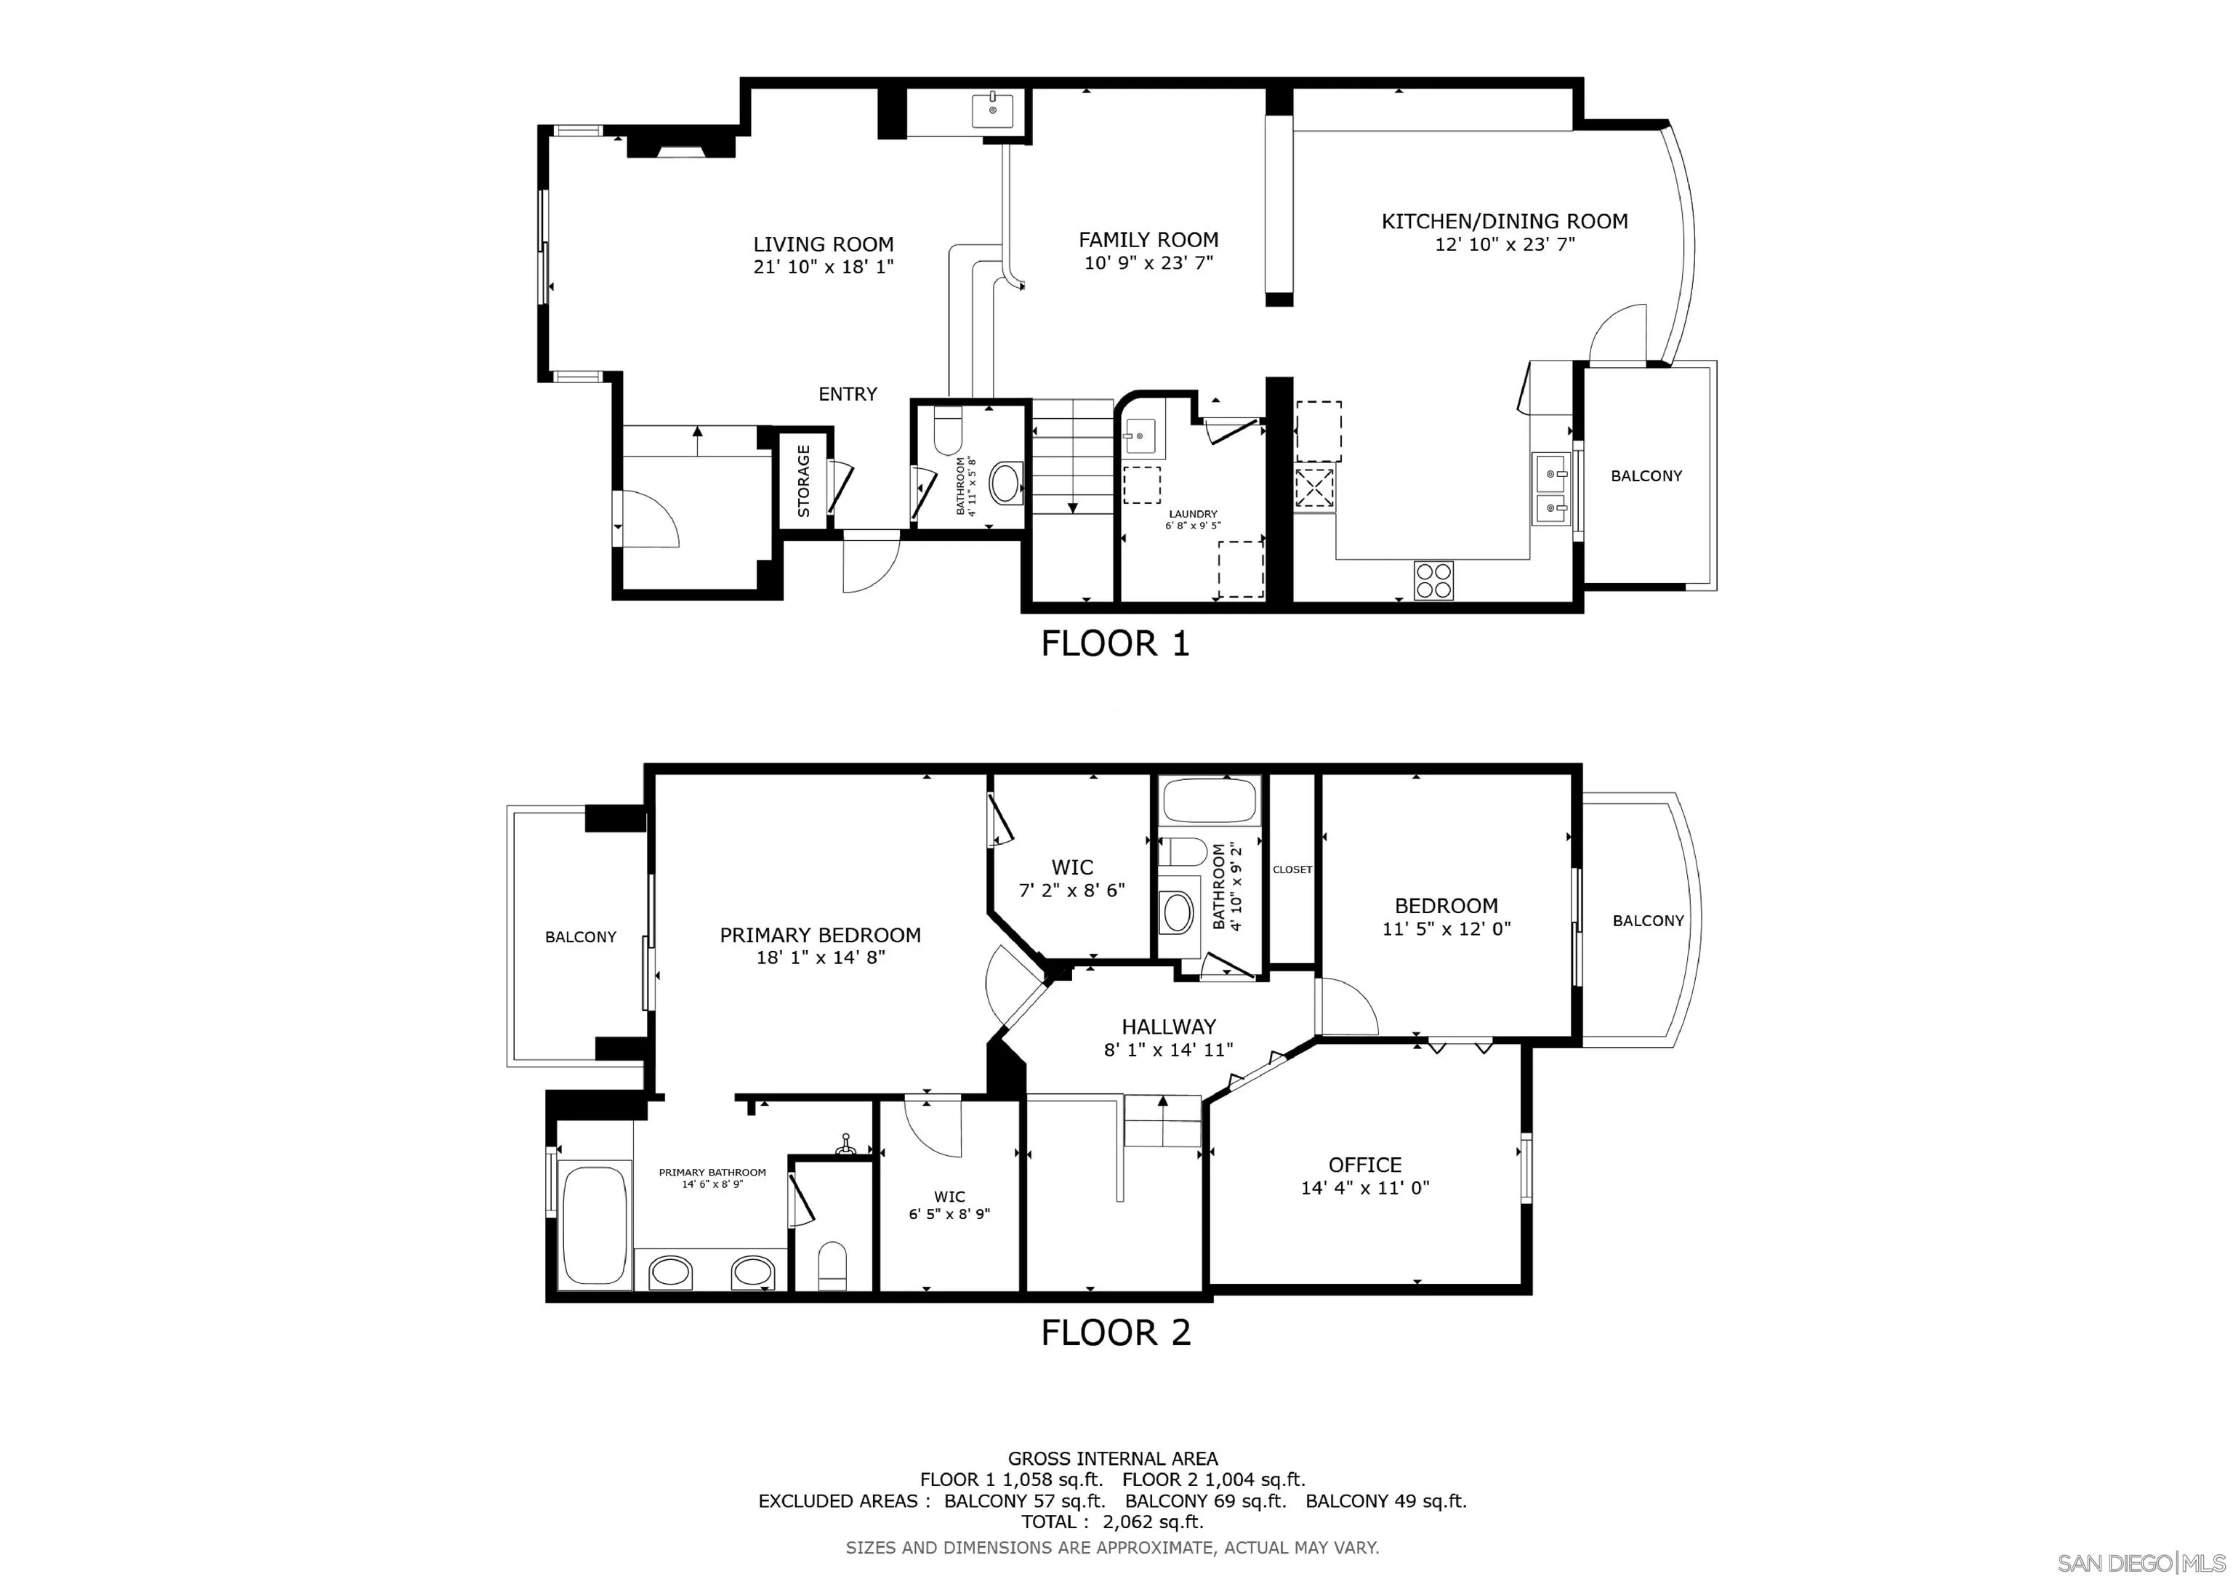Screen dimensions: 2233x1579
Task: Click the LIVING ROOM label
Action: pyautogui.click(x=823, y=244)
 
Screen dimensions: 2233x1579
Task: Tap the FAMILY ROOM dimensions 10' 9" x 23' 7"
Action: pyautogui.click(x=1148, y=262)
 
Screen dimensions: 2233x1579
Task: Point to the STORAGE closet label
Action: pyautogui.click(x=803, y=481)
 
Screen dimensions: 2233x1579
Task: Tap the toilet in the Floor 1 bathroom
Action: pyautogui.click(x=946, y=434)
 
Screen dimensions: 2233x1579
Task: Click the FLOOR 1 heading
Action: pyautogui.click(x=1116, y=643)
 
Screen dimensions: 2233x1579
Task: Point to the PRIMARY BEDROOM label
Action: pyautogui.click(x=820, y=935)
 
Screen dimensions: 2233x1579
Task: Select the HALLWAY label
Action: pyautogui.click(x=1168, y=1026)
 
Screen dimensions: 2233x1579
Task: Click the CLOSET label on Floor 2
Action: pyautogui.click(x=1292, y=869)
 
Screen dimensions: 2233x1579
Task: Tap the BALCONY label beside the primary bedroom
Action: pyautogui.click(x=581, y=937)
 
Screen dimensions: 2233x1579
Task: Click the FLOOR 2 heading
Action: pyautogui.click(x=1116, y=1332)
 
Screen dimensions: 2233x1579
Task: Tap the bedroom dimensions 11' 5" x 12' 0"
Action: pyautogui.click(x=1447, y=929)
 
